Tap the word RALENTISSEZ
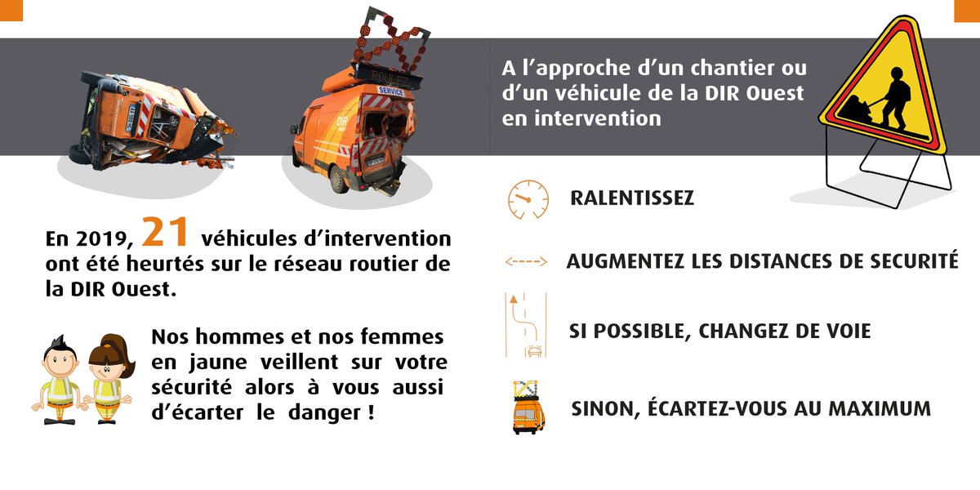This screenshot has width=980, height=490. click(632, 198)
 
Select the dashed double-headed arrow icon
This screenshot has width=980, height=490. click(526, 262)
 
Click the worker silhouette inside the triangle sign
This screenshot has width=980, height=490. click(881, 101)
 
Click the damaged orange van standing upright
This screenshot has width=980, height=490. click(355, 135)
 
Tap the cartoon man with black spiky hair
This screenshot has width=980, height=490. click(59, 380)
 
